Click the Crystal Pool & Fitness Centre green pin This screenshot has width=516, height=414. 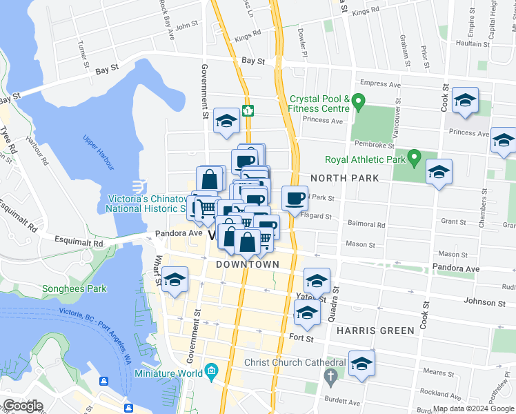tap(357, 102)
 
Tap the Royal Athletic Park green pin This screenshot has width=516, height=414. tap(414, 158)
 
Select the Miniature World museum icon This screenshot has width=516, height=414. tap(211, 373)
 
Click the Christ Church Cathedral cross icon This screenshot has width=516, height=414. tap(330, 376)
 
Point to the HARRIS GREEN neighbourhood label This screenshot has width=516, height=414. tap(376, 331)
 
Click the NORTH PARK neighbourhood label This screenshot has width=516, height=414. tap(344, 178)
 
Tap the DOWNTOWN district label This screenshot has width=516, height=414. tap(248, 264)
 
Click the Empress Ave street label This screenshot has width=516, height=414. tap(380, 84)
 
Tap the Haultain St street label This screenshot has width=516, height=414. tap(473, 43)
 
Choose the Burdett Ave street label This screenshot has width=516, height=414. tap(344, 402)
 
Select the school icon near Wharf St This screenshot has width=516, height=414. tap(175, 280)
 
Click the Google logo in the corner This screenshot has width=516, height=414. tap(23, 406)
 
